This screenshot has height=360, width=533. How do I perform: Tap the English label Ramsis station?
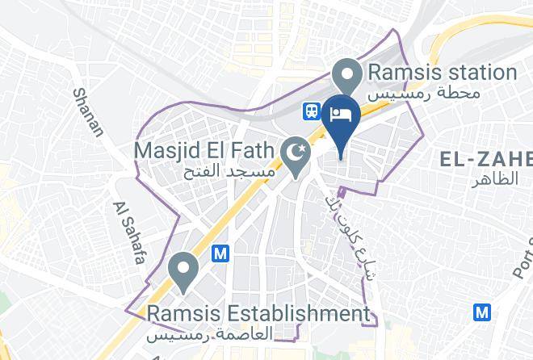click(x=442, y=72)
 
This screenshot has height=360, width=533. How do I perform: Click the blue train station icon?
click(x=311, y=111)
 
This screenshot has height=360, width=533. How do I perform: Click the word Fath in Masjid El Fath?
click(x=251, y=151)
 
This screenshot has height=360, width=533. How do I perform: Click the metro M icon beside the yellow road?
click(x=220, y=253)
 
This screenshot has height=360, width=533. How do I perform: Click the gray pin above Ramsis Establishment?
click(x=183, y=270)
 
